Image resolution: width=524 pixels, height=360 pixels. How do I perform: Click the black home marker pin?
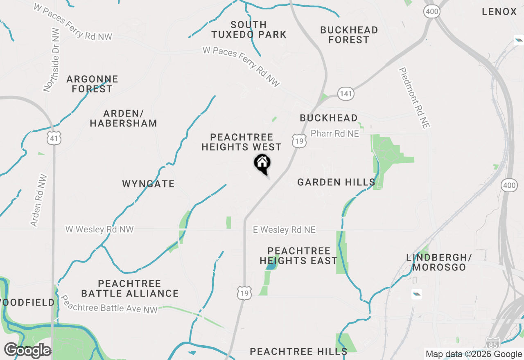coord(262,164)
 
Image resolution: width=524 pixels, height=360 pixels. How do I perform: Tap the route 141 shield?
coord(346,94)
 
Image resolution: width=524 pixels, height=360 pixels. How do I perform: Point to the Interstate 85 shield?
coord(492,343)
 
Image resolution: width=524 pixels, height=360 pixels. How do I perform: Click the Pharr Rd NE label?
coord(334,134)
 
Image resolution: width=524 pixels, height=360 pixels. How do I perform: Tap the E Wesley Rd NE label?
coord(284,230)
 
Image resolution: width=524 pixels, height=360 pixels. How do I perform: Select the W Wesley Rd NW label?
coord(99,229)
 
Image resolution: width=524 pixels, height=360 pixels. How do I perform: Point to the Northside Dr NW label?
coord(52,60)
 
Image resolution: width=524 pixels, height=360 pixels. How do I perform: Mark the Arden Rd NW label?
coord(37,200)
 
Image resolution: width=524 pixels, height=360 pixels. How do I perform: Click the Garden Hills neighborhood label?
coord(336,182)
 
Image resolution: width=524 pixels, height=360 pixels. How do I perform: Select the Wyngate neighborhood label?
coord(148,184)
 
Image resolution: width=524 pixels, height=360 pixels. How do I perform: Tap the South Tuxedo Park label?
coord(248,29)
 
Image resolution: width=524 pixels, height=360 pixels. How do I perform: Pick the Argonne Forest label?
coord(92,84)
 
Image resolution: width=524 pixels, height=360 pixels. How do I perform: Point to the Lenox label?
coord(499,11)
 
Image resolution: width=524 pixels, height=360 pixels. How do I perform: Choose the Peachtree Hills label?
coord(298,351)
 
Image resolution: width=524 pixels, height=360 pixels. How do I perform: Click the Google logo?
coord(27,350)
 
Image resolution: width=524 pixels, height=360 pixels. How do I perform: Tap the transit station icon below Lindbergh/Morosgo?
coord(416,294)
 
